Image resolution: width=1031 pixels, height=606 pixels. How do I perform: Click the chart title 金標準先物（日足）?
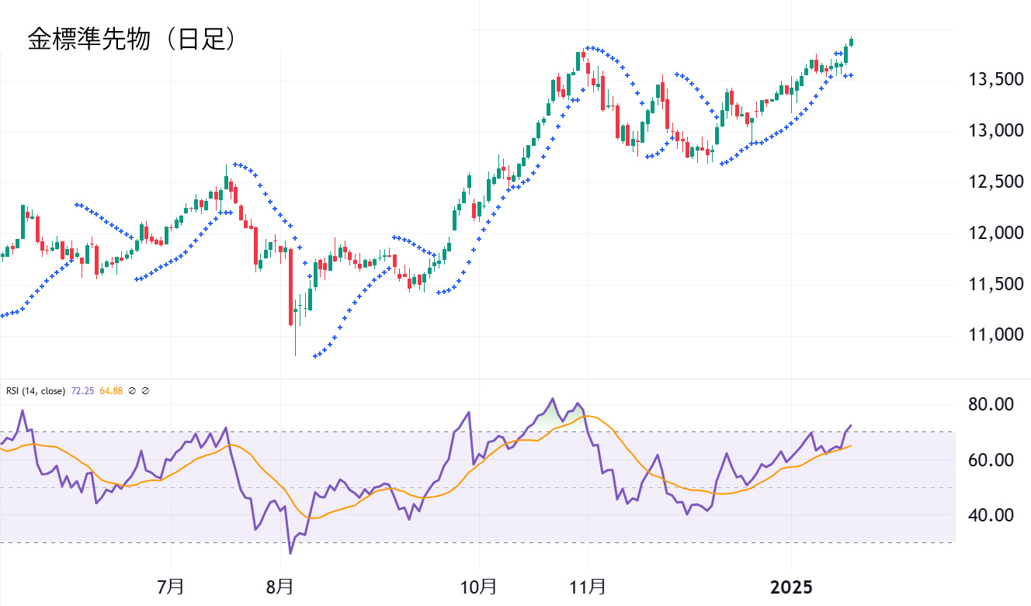(132, 40)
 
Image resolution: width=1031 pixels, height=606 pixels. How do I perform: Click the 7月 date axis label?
(170, 586)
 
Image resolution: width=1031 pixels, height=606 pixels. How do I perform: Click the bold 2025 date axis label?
(791, 587)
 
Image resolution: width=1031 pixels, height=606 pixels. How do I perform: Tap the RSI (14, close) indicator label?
(36, 391)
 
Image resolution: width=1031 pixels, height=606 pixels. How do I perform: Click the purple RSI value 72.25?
(82, 391)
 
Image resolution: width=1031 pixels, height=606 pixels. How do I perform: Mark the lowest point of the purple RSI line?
(291, 553)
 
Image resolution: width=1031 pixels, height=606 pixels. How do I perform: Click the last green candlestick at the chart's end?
(852, 41)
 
